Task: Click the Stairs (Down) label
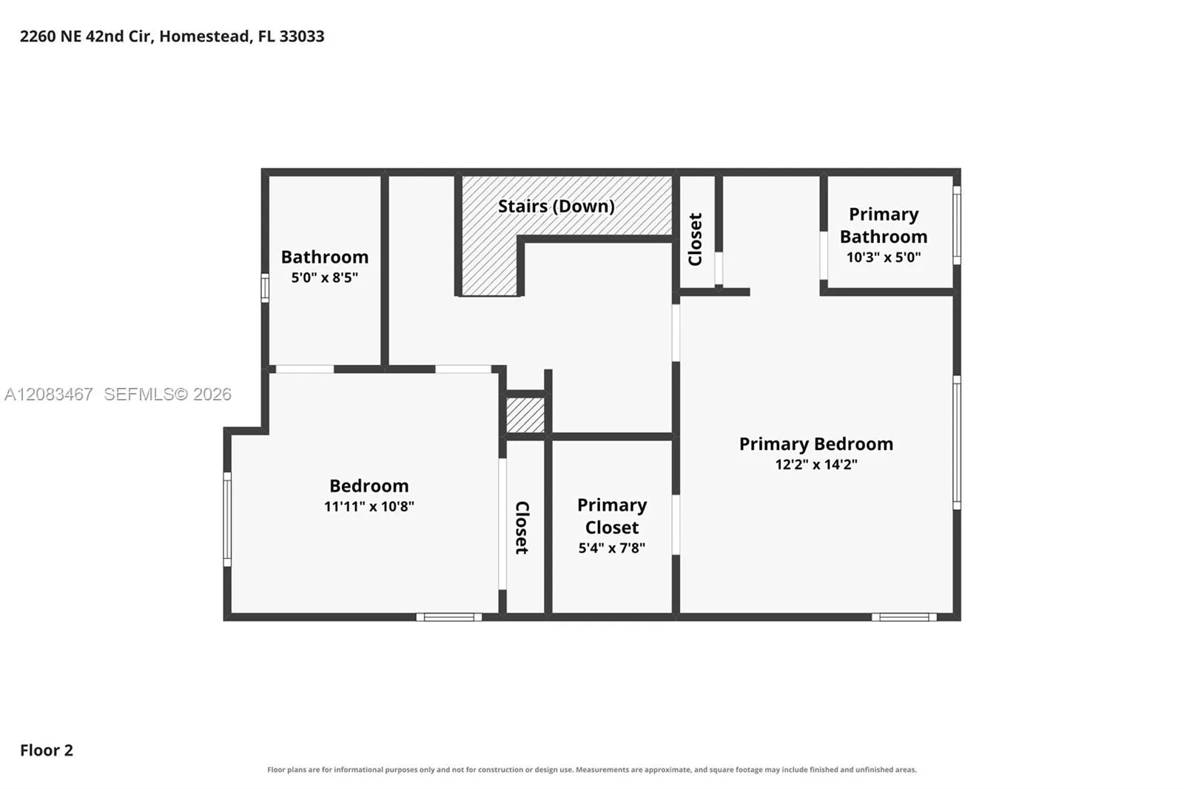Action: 556,207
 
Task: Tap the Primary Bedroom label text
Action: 816,443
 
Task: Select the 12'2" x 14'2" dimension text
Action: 816,464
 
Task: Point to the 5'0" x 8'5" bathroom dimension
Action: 325,277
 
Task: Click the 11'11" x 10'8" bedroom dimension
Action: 369,506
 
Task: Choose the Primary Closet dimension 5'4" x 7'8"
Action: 611,548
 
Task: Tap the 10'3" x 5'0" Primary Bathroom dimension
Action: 884,257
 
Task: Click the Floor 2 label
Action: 47,750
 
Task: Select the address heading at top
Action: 172,36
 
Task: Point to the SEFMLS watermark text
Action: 118,394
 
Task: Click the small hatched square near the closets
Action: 525,415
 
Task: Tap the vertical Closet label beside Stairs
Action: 695,240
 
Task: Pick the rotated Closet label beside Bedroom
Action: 522,528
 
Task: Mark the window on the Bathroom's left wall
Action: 265,288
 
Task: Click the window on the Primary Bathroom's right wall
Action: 957,225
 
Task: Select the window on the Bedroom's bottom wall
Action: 449,617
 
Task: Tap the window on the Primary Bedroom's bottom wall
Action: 904,617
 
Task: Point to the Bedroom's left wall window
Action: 227,520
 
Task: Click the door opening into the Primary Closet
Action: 676,525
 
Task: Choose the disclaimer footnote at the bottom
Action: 592,770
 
